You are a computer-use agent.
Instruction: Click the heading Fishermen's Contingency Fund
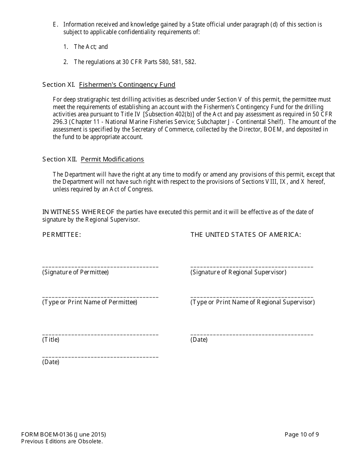tap(127, 84)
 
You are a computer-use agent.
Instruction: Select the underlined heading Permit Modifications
tap(112, 159)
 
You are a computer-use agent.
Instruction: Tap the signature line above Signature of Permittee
tap(100, 267)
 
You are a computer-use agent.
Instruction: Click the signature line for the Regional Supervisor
tap(252, 267)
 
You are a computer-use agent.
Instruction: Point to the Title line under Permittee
tap(100, 334)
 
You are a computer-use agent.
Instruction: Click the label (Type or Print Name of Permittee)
tap(90, 302)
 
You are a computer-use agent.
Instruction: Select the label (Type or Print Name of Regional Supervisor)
tap(252, 302)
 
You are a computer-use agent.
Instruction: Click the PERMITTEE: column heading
tap(62, 235)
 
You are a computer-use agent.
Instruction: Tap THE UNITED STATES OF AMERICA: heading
tap(246, 235)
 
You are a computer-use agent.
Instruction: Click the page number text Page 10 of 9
tap(302, 435)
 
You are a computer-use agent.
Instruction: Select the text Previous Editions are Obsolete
tap(62, 441)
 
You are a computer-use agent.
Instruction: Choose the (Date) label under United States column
tap(199, 339)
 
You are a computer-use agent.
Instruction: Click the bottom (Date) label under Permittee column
tap(51, 362)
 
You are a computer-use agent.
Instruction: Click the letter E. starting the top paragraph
tap(55, 25)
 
